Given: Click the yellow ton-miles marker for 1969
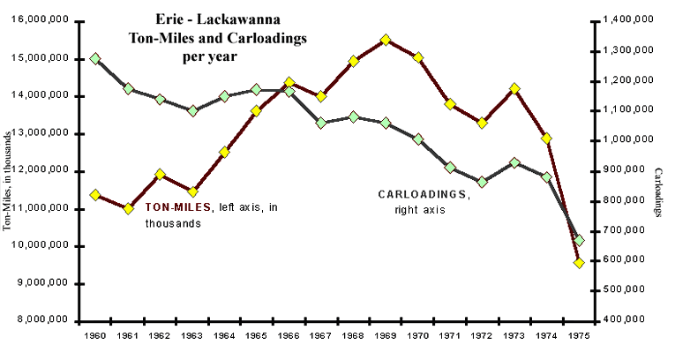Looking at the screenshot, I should click(386, 40).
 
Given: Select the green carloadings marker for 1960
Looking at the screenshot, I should click(95, 58).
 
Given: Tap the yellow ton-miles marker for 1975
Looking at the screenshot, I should click(579, 263).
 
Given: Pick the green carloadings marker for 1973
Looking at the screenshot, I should click(514, 163).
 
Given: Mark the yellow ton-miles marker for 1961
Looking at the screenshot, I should click(128, 209).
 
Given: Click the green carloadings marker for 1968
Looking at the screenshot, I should click(353, 116).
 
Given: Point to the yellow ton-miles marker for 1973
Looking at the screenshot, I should click(514, 89).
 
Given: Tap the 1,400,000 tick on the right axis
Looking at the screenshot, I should click(628, 19).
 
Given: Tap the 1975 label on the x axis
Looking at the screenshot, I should click(579, 336).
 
